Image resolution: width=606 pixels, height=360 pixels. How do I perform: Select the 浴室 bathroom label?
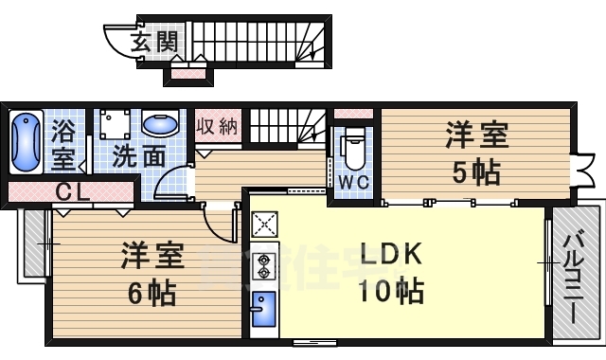click(63, 141)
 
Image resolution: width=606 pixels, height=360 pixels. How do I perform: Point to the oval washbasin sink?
click(163, 124)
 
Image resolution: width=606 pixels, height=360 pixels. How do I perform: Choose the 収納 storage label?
click(218, 125)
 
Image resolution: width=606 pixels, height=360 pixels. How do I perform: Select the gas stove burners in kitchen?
click(263, 266)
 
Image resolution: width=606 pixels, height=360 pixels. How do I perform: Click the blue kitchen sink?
click(262, 308)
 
